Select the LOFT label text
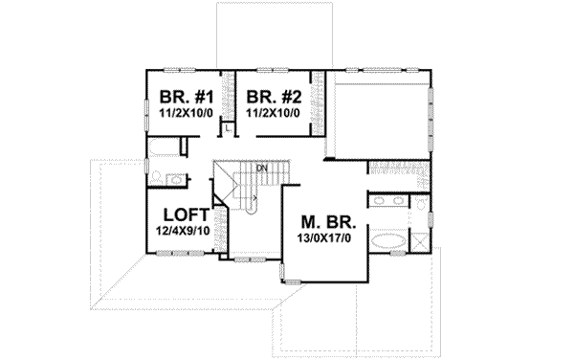coord(186,214)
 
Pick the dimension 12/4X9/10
coord(186,231)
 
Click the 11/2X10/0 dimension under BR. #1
coord(186,112)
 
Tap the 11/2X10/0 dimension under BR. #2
coord(272,112)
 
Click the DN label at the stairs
coord(259,168)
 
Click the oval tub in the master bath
coord(386,240)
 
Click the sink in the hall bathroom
coord(176,178)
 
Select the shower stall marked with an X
coord(418,240)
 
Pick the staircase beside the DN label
coord(245,187)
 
